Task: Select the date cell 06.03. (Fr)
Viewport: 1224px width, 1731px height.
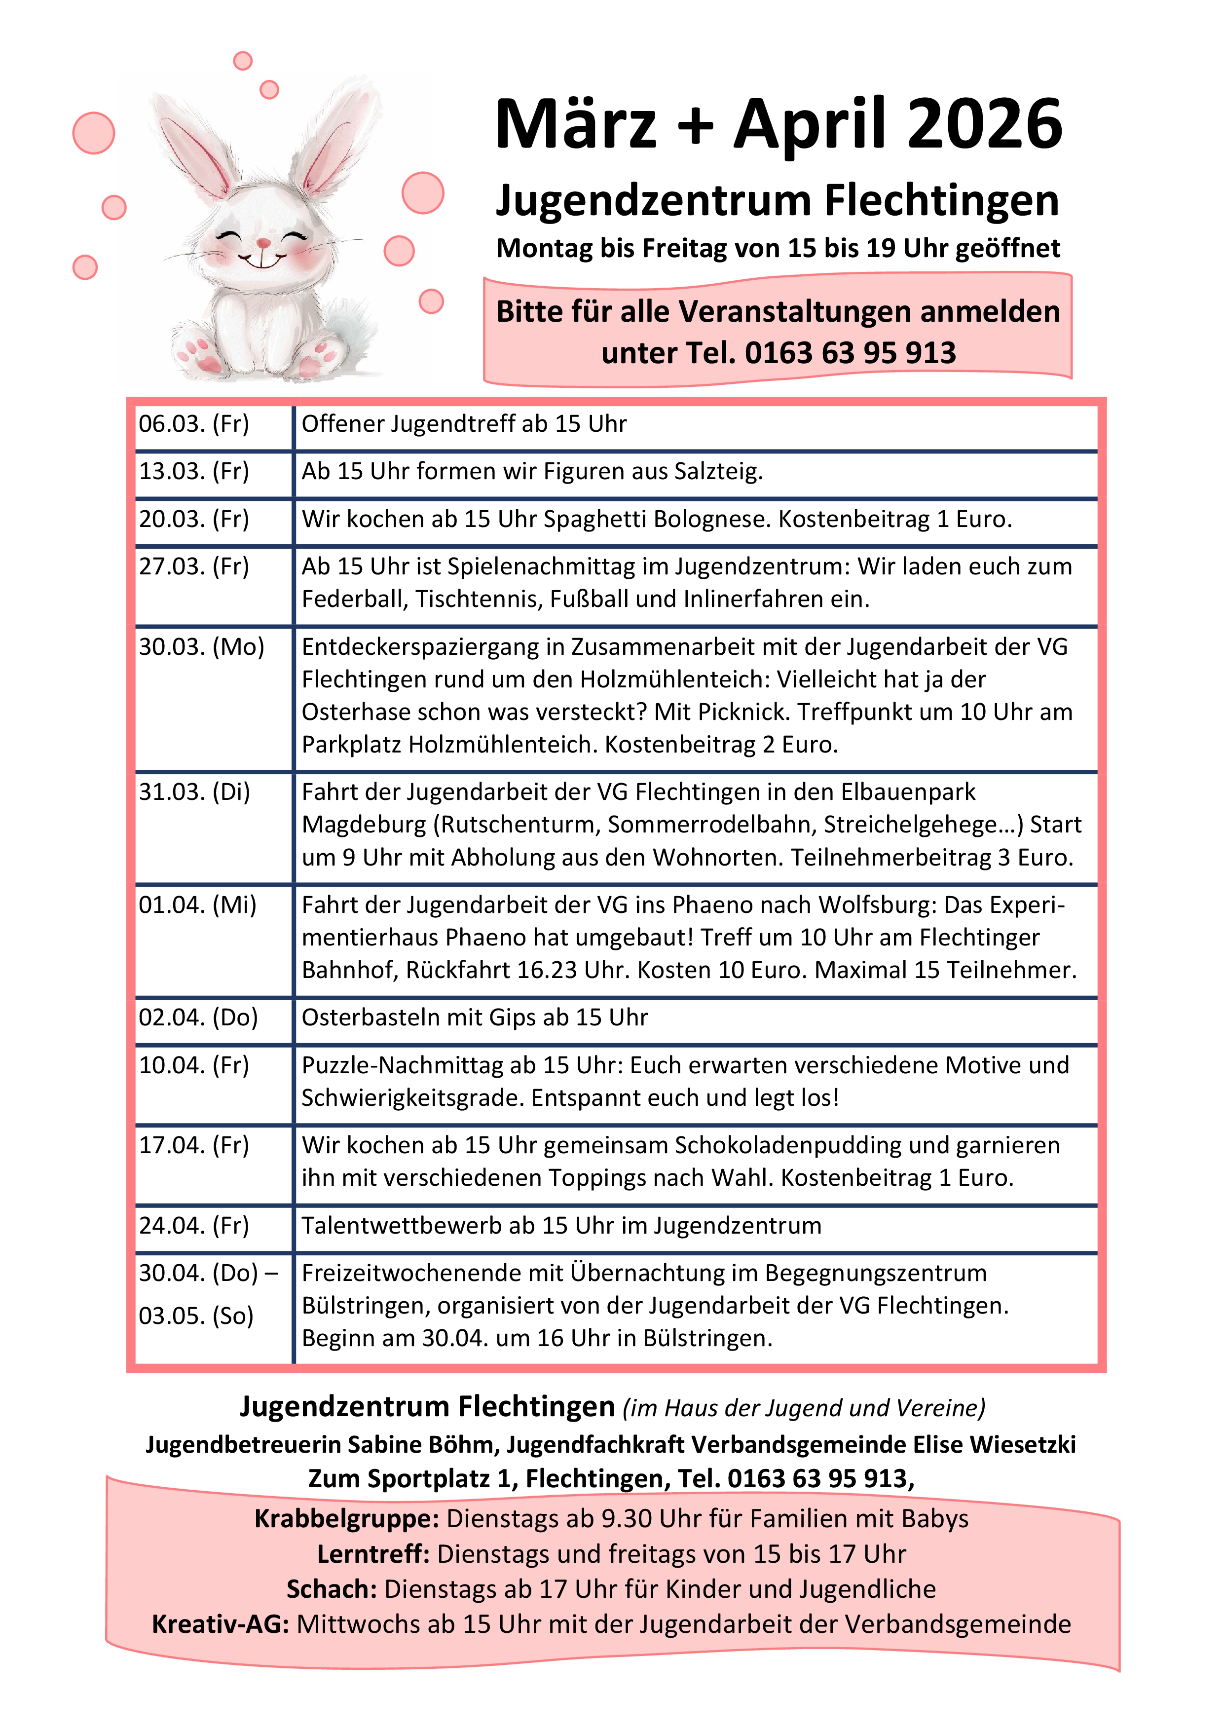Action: pyautogui.click(x=194, y=424)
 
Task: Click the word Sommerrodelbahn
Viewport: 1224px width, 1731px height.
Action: pyautogui.click(x=709, y=824)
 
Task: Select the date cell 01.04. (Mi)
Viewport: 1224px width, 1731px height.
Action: pyautogui.click(x=197, y=904)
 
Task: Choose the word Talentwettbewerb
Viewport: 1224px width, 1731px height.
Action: pyautogui.click(x=402, y=1225)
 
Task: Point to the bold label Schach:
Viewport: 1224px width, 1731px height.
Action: pyautogui.click(x=332, y=1588)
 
